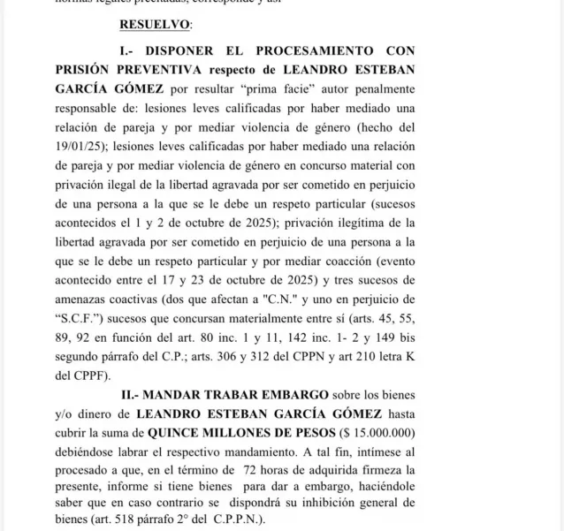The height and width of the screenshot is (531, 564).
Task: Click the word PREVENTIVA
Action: click(x=160, y=70)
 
